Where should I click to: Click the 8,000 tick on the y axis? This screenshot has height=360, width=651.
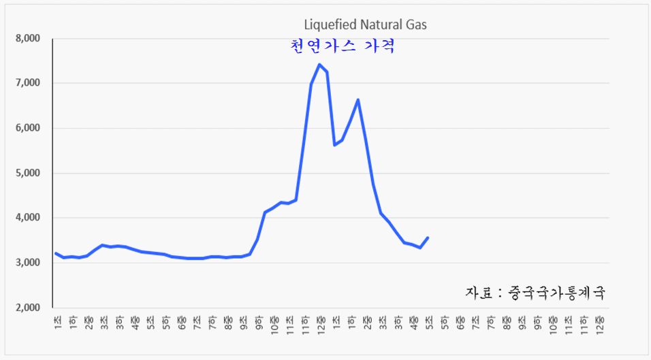[29, 38]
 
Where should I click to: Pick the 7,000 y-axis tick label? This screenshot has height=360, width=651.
[29, 83]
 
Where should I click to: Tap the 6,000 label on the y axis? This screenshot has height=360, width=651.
[29, 128]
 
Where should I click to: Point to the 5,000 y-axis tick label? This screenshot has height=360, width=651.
[29, 173]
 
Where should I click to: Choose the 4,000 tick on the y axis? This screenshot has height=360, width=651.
[29, 218]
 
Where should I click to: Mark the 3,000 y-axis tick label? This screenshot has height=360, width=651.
[29, 263]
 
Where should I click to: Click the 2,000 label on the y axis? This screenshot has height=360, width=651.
[29, 308]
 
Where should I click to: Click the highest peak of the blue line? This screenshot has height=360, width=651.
[319, 65]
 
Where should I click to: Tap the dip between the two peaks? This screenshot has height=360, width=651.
[334, 145]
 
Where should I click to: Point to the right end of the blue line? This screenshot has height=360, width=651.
[428, 238]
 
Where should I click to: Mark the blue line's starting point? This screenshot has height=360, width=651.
[56, 253]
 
